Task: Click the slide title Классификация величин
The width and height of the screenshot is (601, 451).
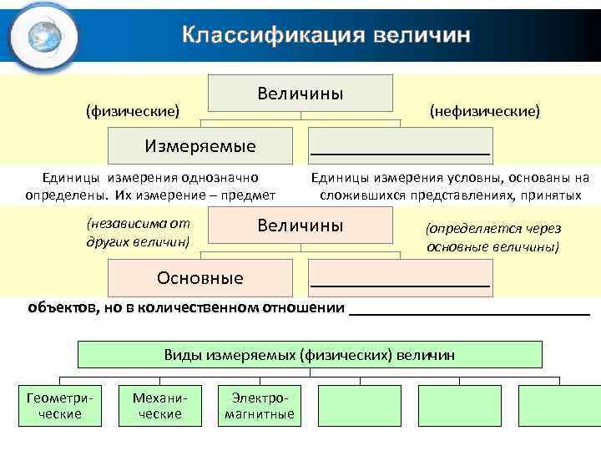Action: coord(326,35)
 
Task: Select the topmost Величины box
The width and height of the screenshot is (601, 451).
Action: coord(300,93)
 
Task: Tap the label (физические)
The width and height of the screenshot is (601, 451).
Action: coord(133,110)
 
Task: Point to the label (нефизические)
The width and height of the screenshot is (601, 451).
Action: coord(484,110)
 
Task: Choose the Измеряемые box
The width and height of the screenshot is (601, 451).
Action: coord(200,146)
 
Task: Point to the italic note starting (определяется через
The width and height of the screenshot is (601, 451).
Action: coord(493,238)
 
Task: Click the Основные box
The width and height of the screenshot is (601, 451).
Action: coord(200,277)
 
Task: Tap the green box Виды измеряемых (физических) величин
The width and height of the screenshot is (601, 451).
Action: coord(310,355)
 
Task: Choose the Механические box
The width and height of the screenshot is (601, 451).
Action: coord(160,406)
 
